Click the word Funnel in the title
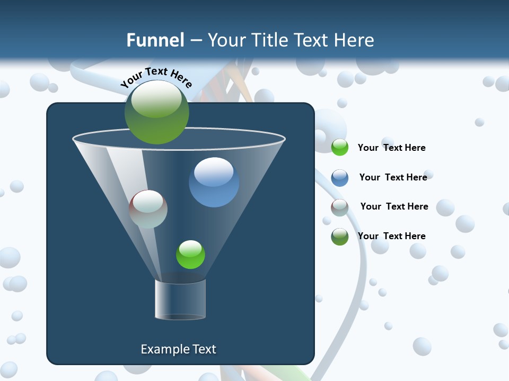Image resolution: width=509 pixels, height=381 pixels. click(155, 40)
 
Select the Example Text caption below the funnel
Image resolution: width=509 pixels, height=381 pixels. click(178, 349)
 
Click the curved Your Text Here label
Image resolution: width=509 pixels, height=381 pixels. click(156, 78)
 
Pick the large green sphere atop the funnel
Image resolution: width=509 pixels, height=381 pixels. click(157, 112)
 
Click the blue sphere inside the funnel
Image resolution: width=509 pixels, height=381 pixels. click(214, 182)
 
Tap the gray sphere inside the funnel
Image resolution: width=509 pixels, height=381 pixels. click(148, 209)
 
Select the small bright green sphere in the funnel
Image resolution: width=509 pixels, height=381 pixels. click(190, 255)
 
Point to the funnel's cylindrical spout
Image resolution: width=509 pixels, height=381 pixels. click(180, 300)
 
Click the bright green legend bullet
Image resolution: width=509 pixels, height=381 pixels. click(340, 148)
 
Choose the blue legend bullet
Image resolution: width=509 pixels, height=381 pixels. click(340, 178)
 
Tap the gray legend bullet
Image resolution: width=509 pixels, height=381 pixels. click(340, 207)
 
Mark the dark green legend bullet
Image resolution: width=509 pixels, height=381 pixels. click(340, 237)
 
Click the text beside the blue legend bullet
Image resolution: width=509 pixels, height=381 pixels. click(393, 177)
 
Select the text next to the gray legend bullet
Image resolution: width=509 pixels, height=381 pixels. click(394, 206)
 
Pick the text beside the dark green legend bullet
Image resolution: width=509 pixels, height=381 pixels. click(391, 236)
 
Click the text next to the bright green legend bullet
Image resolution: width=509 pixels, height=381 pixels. click(391, 148)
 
